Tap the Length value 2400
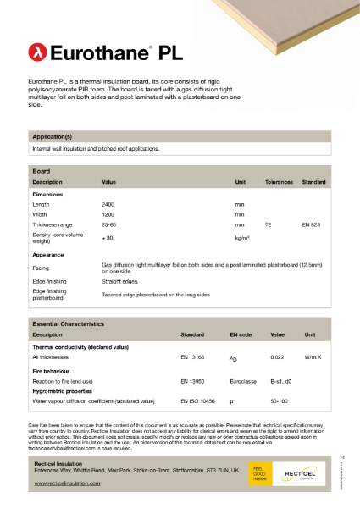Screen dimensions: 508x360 108,205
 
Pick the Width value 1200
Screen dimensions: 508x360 108,215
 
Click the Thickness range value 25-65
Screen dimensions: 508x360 109,225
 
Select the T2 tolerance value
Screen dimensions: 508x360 269,225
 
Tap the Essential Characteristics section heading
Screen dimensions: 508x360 68,324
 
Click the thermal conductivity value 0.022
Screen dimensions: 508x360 277,358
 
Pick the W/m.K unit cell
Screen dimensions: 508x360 314,358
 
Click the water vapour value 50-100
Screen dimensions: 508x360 278,400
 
